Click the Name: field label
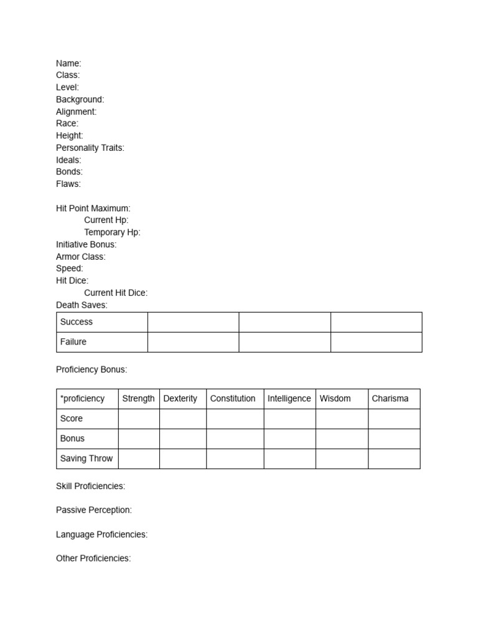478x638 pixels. [x=68, y=63]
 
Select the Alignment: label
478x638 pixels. [x=76, y=112]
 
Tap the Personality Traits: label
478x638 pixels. [x=90, y=148]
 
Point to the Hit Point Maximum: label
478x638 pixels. [x=93, y=208]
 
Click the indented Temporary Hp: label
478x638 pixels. [x=112, y=232]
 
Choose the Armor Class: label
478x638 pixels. [x=81, y=257]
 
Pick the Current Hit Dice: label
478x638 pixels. [x=116, y=293]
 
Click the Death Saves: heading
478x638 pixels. [x=82, y=305]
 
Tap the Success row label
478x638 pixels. [x=76, y=322]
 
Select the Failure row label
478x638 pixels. [x=73, y=342]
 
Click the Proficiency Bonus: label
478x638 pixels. [x=91, y=369]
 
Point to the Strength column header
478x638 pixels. [x=138, y=399]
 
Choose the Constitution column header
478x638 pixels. [x=233, y=399]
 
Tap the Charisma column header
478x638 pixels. [x=390, y=399]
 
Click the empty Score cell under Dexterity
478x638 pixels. [x=182, y=419]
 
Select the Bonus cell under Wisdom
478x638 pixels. [x=342, y=439]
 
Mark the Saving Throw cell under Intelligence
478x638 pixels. [x=289, y=459]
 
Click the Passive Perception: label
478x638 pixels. [x=94, y=510]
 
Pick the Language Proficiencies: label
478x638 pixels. [x=101, y=534]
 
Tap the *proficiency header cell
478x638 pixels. [x=83, y=399]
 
